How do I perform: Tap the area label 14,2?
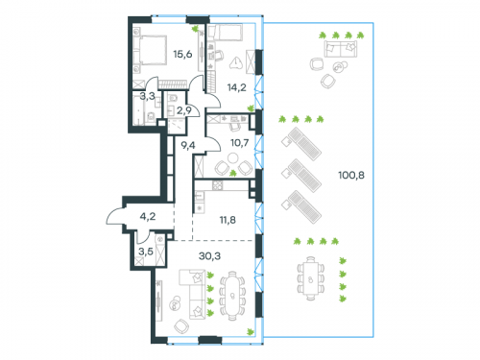point(235,87)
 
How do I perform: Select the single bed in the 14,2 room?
point(229,35)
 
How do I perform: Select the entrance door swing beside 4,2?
point(117,217)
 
